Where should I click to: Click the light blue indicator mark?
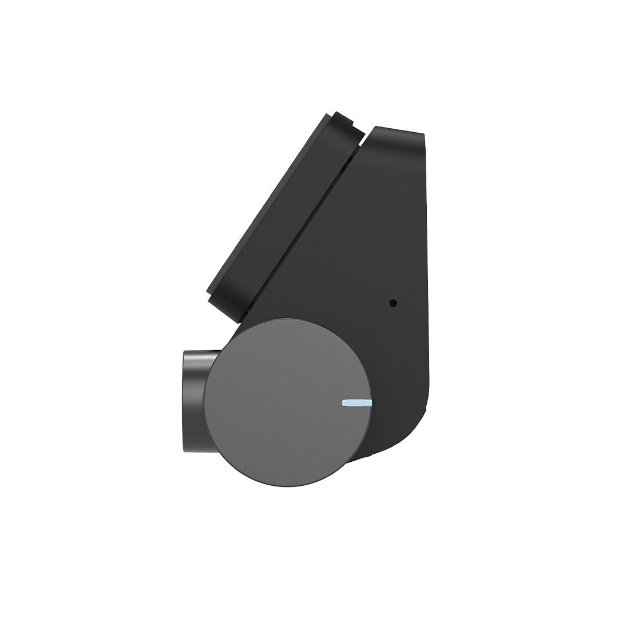(x=356, y=403)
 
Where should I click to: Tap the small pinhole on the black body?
(x=393, y=303)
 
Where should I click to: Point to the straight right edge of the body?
(x=426, y=257)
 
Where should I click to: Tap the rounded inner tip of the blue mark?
(x=343, y=403)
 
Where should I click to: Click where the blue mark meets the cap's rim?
(x=372, y=403)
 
